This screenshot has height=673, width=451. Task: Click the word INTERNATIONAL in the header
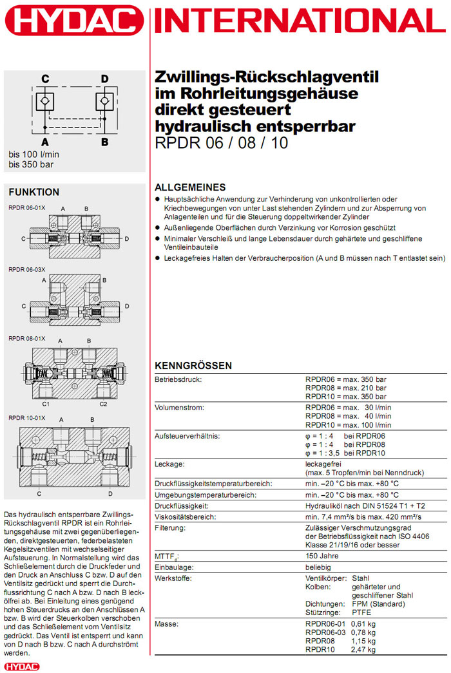(x=302, y=23)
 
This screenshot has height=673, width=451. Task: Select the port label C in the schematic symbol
(x=45, y=79)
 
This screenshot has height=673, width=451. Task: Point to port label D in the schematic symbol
(x=104, y=79)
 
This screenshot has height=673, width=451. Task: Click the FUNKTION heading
(x=34, y=192)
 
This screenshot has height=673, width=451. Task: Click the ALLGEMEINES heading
(x=190, y=187)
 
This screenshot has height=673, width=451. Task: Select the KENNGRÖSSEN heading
(x=193, y=366)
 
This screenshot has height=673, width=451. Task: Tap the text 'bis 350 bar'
(x=31, y=164)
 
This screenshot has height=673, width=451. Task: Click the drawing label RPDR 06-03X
(x=27, y=269)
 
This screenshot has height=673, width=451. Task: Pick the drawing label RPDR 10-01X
(x=27, y=418)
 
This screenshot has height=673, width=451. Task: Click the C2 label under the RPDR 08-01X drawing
(x=103, y=404)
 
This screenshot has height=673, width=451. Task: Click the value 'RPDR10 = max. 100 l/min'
(x=348, y=424)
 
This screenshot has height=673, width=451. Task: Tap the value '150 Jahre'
(x=321, y=555)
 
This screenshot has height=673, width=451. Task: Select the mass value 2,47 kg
(x=363, y=650)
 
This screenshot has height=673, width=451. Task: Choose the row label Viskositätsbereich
(x=186, y=517)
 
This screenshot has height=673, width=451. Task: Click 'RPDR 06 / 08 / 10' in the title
(x=222, y=143)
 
